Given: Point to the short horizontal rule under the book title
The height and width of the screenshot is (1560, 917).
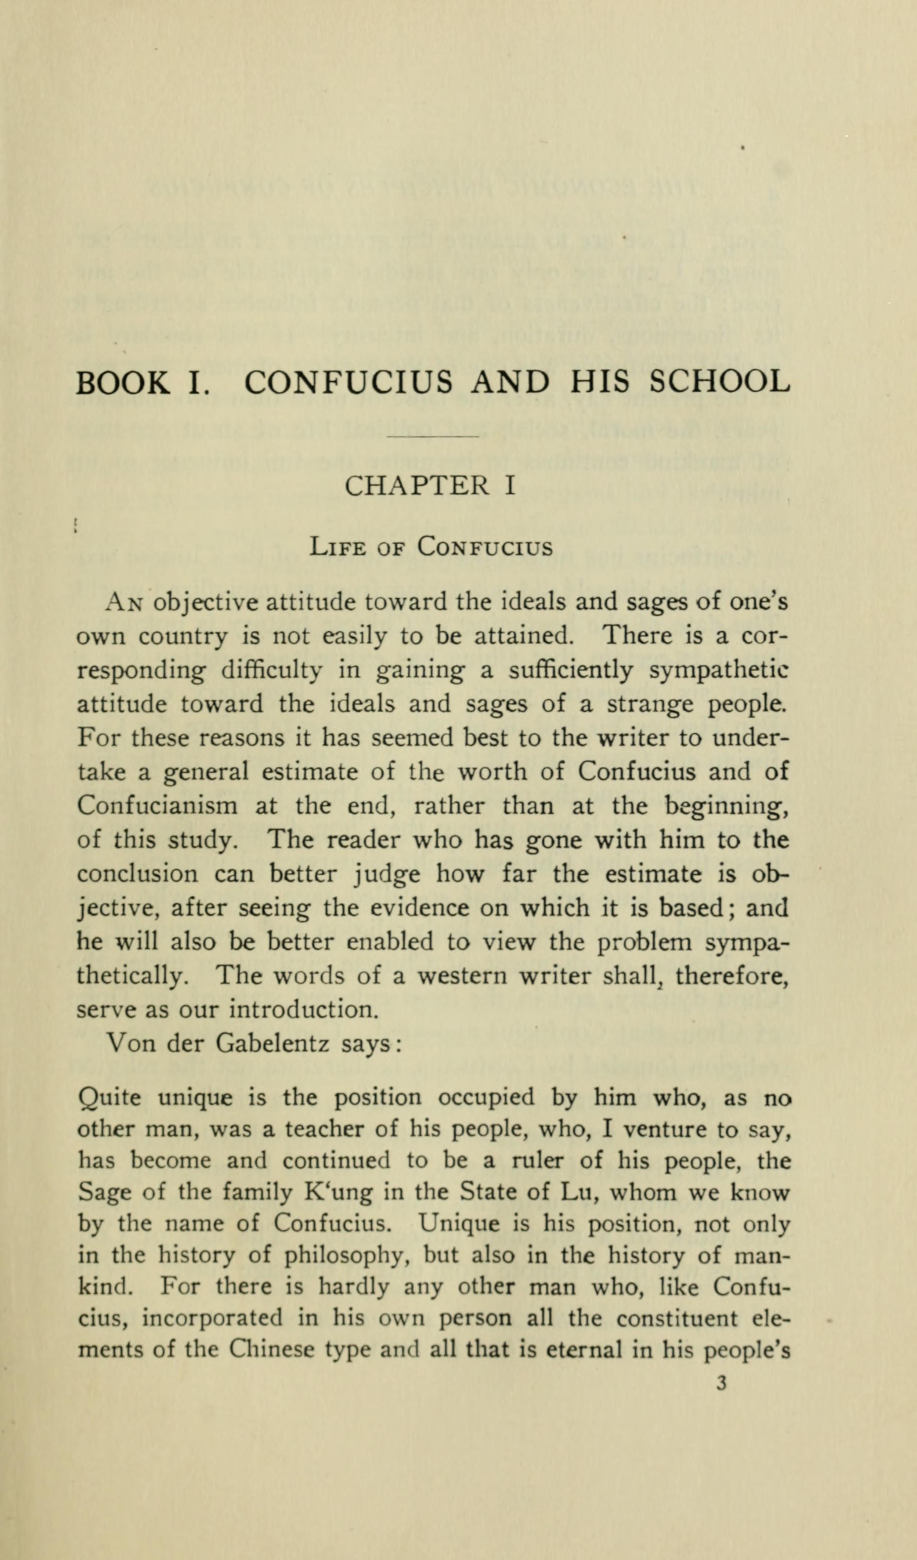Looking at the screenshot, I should [x=433, y=438].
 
